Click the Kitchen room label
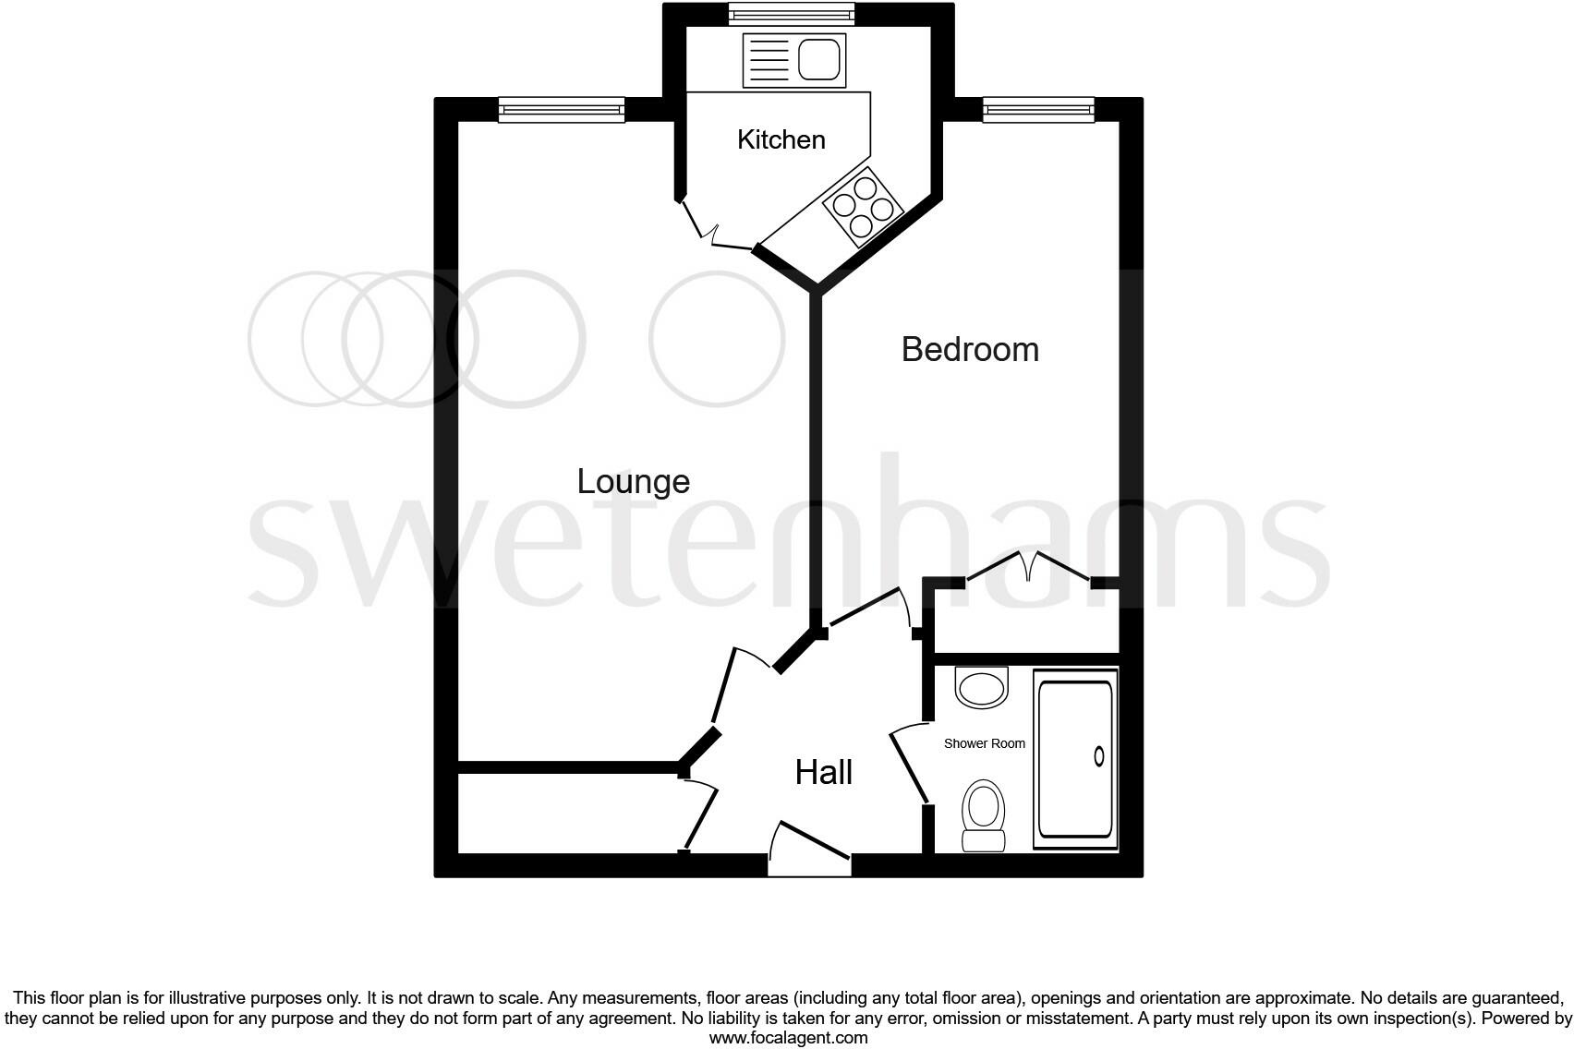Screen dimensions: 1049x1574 (781, 139)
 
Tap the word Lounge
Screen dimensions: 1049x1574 (633, 481)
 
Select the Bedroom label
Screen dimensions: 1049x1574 (970, 349)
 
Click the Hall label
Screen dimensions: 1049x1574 (823, 772)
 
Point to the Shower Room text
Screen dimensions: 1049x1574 (984, 743)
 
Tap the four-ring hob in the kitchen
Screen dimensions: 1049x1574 (863, 208)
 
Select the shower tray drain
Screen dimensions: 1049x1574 (1099, 756)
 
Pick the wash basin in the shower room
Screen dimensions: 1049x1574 (981, 688)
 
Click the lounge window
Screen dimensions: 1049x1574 (562, 110)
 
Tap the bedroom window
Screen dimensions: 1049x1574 (1038, 110)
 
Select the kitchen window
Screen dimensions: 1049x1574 (791, 14)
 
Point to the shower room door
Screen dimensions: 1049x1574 (909, 763)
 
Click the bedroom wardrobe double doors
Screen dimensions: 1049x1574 (1027, 566)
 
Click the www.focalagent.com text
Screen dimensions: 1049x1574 (788, 1038)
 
